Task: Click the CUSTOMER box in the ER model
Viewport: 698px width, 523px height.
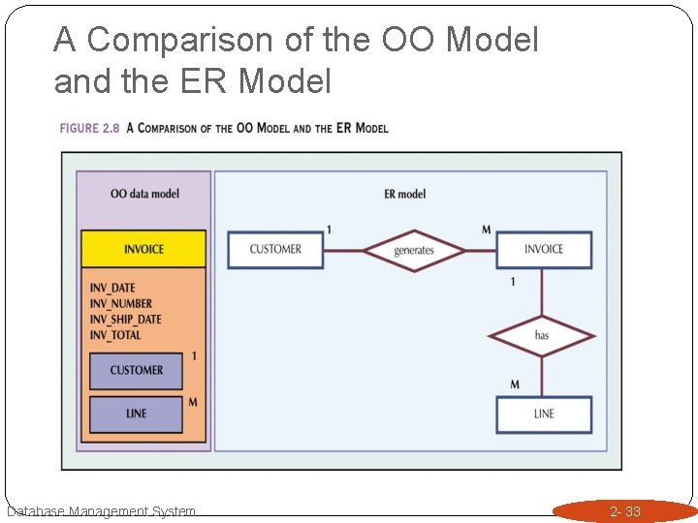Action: (275, 250)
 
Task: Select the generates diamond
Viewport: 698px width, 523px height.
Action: (414, 251)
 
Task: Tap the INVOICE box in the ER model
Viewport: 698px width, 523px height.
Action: (543, 250)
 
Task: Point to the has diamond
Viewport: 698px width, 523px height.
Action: (541, 336)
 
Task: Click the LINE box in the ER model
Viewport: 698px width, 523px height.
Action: (543, 414)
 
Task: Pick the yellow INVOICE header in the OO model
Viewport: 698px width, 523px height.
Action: (143, 250)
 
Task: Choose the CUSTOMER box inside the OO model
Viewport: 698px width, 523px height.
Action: (137, 370)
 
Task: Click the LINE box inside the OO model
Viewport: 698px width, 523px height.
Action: (137, 414)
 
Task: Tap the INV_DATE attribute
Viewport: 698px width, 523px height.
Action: (112, 289)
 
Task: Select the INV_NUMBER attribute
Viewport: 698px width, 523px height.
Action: (121, 304)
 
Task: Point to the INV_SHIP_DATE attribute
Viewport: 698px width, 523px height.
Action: (126, 320)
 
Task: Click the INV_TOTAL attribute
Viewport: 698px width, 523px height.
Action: (115, 335)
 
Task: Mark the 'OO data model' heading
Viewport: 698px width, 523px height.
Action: (144, 194)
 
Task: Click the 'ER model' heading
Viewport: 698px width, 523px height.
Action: (404, 194)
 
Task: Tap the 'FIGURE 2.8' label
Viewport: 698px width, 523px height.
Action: (89, 129)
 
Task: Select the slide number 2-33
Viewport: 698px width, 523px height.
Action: (625, 511)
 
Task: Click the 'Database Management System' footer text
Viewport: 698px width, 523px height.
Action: (101, 511)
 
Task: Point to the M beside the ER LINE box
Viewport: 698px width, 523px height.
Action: (515, 385)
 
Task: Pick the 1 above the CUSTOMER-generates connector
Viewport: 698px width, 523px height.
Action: (329, 230)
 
